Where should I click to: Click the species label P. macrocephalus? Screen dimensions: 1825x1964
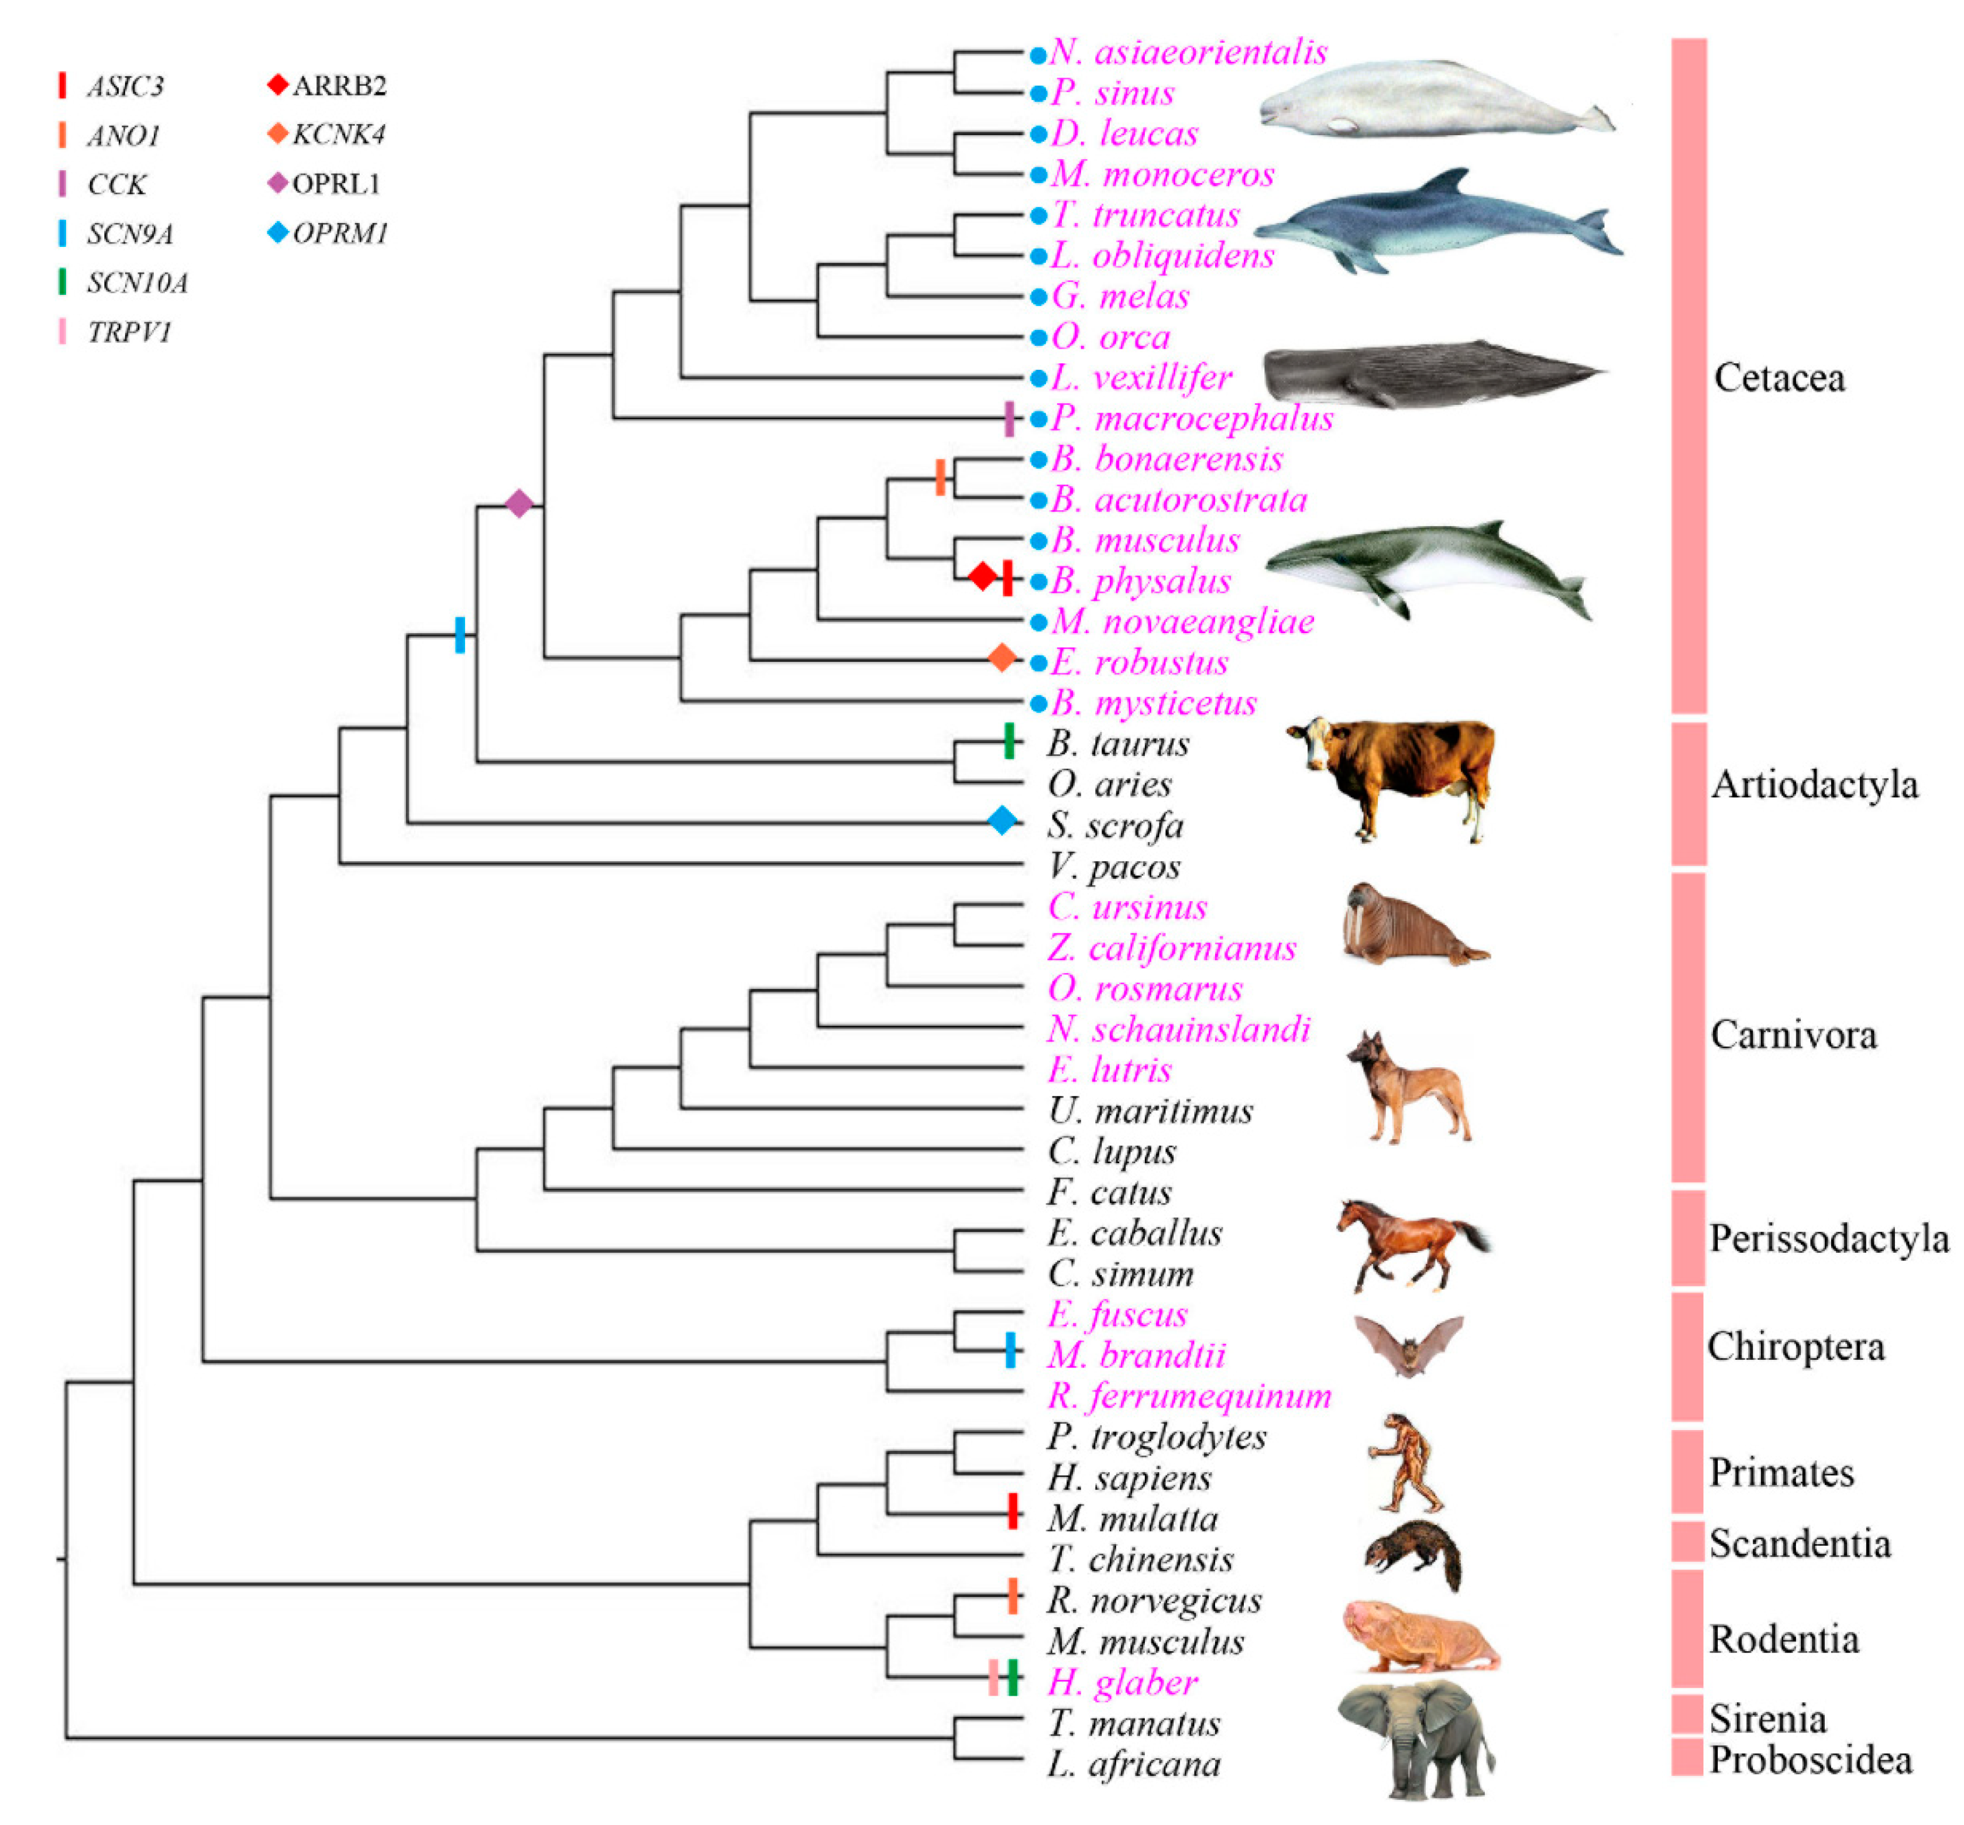point(1191,419)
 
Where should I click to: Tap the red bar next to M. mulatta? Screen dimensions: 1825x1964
point(1012,1511)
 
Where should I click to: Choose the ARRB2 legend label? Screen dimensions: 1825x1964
point(339,86)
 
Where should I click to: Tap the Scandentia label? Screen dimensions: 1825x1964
point(1799,1544)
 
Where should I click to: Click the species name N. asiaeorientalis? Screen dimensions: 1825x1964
point(1188,51)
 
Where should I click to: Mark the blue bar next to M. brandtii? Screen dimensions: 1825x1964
point(1010,1350)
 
